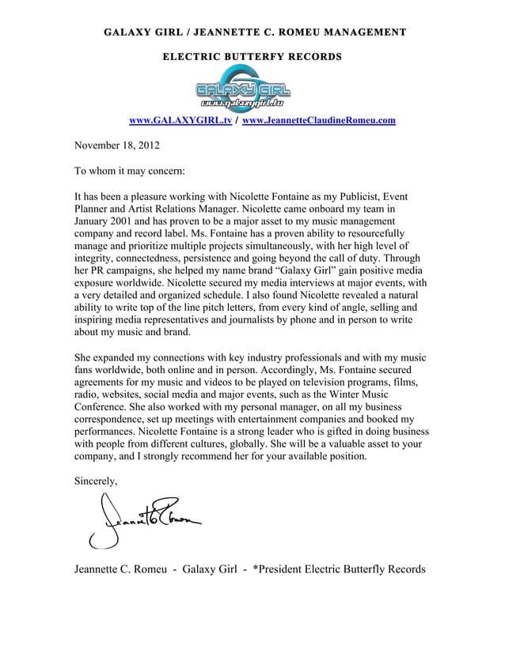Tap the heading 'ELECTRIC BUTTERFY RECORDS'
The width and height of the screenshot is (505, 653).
tap(252, 57)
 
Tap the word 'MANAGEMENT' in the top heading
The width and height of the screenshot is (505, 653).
tap(363, 32)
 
